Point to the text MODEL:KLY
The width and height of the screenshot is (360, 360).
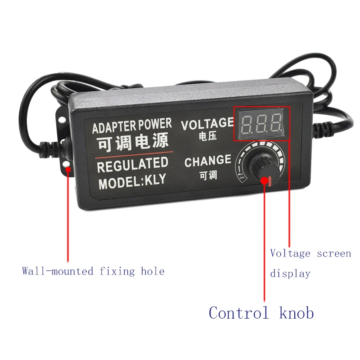pos(132,182)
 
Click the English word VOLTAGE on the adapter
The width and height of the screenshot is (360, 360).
pos(207,123)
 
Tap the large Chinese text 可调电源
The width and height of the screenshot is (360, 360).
pos(131,142)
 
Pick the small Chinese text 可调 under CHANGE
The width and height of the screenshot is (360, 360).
pos(207,174)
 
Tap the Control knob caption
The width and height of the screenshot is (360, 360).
pos(261,312)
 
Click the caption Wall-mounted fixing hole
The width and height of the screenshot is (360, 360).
pos(93,271)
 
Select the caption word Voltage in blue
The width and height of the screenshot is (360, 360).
pos(290,253)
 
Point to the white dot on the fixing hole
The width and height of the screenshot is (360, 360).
pos(67,169)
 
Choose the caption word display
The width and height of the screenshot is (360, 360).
pos(290,273)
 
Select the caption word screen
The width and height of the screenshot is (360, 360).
pos(334,253)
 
